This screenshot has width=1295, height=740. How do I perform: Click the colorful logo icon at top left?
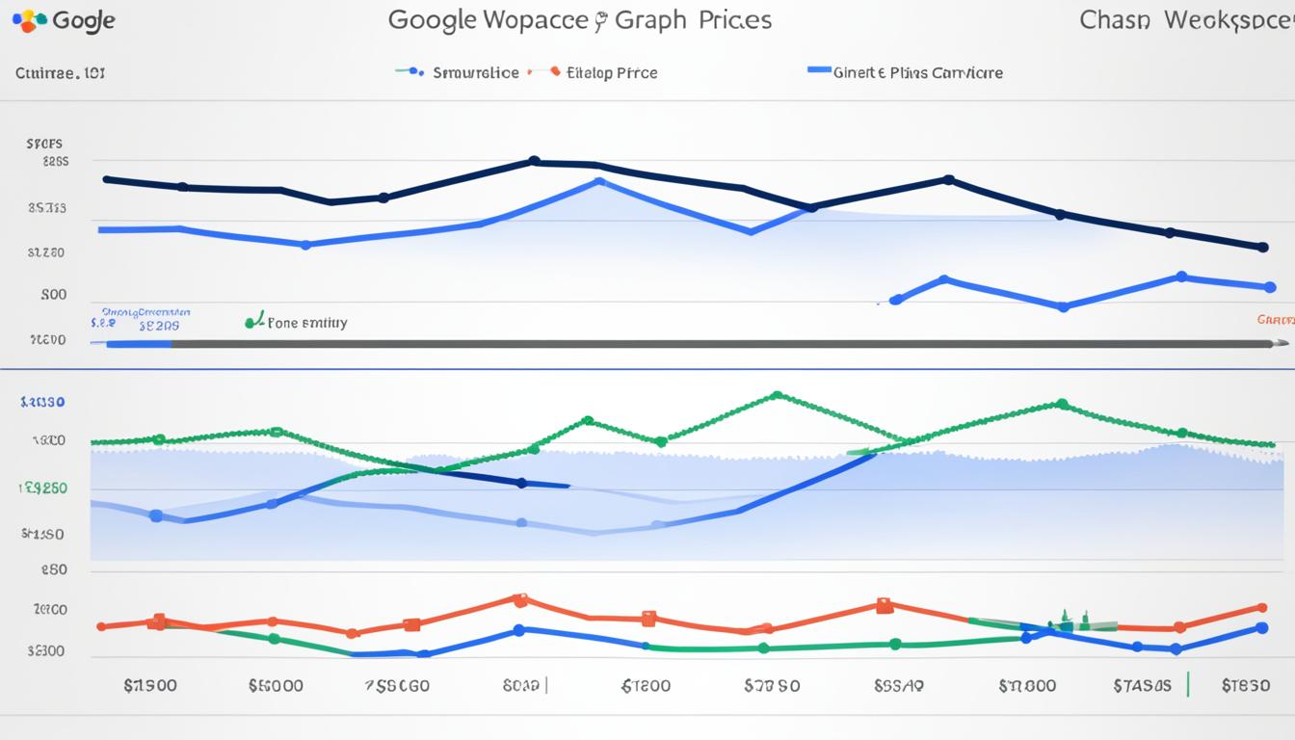[30, 20]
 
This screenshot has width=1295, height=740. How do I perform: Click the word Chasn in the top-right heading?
[1115, 20]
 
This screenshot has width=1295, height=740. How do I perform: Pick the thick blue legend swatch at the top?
[818, 70]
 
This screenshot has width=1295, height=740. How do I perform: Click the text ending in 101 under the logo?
[61, 72]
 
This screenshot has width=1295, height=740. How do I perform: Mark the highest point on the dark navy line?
[534, 161]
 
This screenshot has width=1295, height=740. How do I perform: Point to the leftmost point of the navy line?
[106, 179]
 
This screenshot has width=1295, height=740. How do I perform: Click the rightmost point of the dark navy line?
[1263, 247]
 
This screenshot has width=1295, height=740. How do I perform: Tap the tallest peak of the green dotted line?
[777, 395]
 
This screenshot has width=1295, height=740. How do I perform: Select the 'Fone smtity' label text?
[306, 324]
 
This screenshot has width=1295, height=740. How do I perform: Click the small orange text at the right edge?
[1275, 319]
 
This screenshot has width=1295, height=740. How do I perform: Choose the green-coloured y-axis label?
[43, 489]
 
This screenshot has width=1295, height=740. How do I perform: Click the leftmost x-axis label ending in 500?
[150, 686]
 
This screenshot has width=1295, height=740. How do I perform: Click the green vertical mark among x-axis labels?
[1188, 684]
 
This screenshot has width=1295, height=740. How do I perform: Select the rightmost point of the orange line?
[1262, 608]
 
